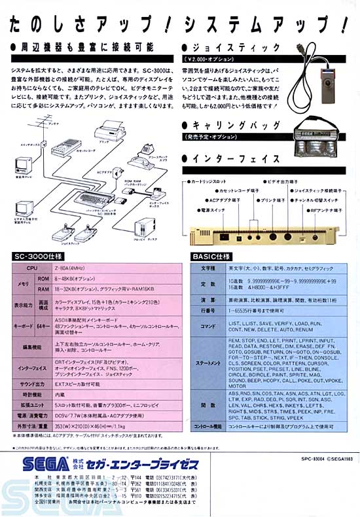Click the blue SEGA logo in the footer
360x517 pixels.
[x=45, y=465]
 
